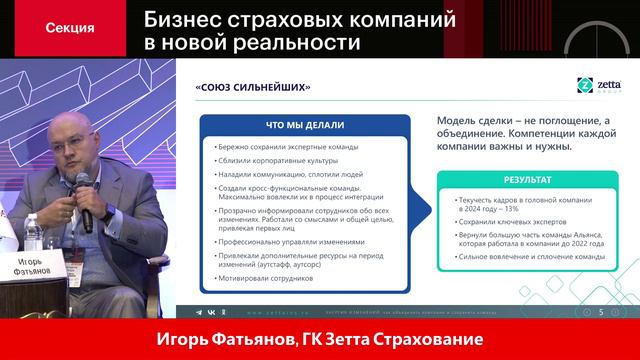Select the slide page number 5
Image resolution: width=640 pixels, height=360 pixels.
pos(600,312)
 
